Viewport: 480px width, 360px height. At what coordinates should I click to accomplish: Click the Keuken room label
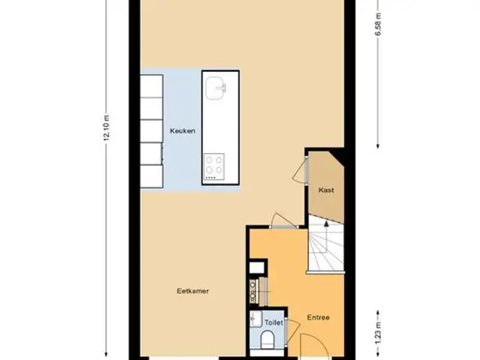(x=182, y=131)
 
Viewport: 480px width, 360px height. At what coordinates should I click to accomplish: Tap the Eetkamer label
(x=193, y=291)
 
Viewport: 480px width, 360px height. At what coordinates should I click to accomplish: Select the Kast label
(x=326, y=190)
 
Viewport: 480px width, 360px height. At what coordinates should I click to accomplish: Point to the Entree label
(x=318, y=317)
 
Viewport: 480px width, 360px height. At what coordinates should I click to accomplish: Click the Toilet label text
(x=274, y=322)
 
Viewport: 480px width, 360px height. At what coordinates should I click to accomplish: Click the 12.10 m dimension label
(x=106, y=128)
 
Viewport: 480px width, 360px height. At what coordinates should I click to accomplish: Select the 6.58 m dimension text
(x=378, y=24)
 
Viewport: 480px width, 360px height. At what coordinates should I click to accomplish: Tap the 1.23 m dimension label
(x=378, y=333)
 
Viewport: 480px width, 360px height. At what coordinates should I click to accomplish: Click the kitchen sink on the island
(x=216, y=88)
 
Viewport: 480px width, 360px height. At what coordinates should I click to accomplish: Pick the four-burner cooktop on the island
(x=214, y=166)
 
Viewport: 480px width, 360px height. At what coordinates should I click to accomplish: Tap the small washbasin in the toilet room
(x=256, y=319)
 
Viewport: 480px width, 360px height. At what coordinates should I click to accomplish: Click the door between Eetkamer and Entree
(x=283, y=220)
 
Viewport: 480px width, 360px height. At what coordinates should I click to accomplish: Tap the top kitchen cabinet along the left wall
(x=151, y=86)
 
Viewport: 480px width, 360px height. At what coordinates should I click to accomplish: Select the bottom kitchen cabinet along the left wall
(x=151, y=176)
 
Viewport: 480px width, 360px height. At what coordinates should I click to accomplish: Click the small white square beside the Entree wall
(x=256, y=268)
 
